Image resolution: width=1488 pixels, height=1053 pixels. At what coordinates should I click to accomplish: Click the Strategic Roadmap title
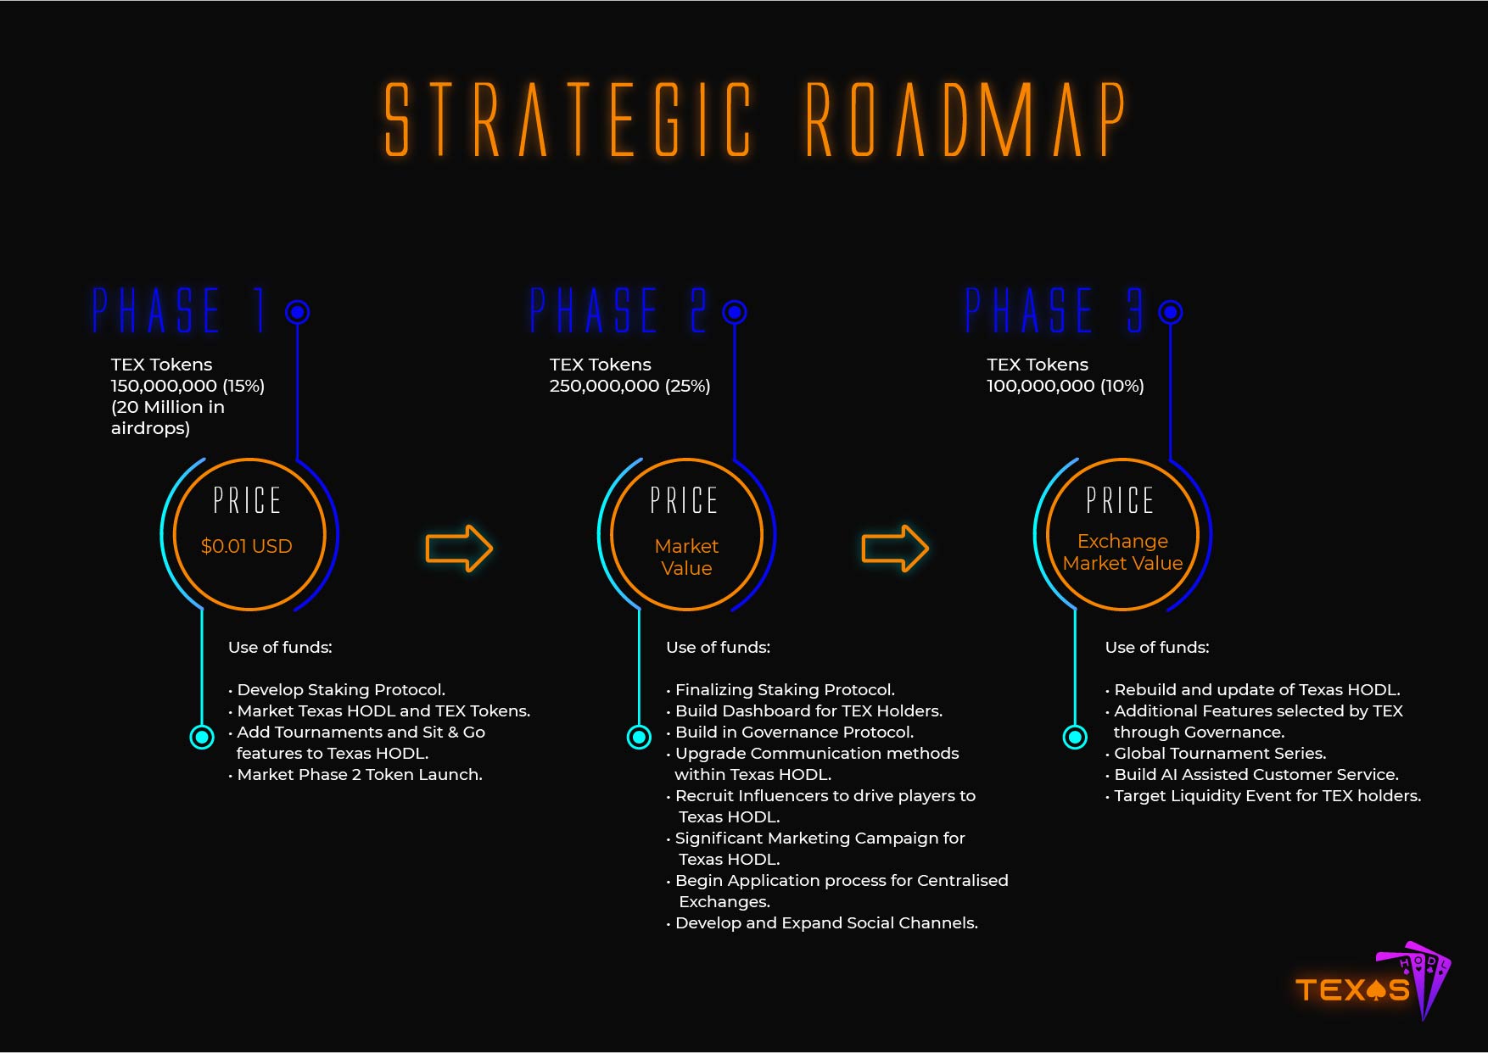(x=755, y=120)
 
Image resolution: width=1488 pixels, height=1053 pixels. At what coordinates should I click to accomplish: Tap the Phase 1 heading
(x=179, y=310)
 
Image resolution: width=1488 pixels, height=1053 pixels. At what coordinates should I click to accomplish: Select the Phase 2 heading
(x=618, y=310)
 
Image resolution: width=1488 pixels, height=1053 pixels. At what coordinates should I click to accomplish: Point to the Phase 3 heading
(x=1054, y=310)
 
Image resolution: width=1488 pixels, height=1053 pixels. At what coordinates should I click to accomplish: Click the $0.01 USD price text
(x=247, y=546)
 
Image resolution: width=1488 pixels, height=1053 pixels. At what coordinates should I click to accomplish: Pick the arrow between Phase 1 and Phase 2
(x=459, y=548)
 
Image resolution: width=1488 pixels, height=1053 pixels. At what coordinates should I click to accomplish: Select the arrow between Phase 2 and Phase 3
(x=895, y=548)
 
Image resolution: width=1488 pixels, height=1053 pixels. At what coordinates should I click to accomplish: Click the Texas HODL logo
(x=1373, y=982)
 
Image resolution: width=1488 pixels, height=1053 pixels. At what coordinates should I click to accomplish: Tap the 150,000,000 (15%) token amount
(x=187, y=386)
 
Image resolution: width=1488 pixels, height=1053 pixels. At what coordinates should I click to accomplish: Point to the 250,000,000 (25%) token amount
(x=629, y=386)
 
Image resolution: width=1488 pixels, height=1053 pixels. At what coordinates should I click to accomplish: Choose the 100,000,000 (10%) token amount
(x=1066, y=386)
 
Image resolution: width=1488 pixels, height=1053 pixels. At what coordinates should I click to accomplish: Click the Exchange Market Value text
(x=1122, y=552)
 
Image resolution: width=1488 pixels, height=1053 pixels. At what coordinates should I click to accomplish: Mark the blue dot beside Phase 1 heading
(x=297, y=312)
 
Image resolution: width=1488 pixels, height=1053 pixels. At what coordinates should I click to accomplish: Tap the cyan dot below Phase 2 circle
(x=639, y=737)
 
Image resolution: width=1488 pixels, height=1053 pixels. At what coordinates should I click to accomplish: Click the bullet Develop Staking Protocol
(x=337, y=690)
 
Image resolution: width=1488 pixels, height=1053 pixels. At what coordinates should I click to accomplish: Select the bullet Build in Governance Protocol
(x=790, y=733)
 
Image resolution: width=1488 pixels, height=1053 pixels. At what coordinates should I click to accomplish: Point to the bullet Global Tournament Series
(x=1216, y=754)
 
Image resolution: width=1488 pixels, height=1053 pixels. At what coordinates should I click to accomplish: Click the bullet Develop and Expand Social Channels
(x=822, y=923)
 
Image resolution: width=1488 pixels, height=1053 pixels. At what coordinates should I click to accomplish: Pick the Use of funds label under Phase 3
(x=1157, y=648)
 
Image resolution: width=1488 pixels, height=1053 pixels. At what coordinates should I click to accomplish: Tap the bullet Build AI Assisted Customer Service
(x=1252, y=775)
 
